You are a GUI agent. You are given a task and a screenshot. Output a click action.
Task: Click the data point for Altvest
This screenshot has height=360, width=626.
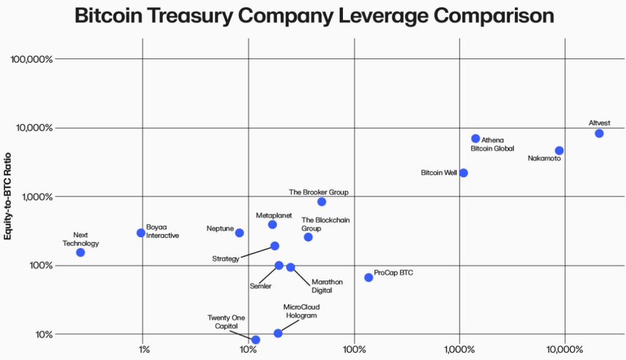pyautogui.click(x=599, y=133)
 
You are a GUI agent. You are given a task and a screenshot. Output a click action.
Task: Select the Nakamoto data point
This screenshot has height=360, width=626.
pyautogui.click(x=559, y=150)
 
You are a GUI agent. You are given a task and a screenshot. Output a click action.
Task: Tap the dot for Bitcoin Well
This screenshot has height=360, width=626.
pyautogui.click(x=463, y=173)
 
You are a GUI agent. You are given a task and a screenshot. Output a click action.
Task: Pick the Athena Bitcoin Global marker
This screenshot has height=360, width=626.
pyautogui.click(x=476, y=139)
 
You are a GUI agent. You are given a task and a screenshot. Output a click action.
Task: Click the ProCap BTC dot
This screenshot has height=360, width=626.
pyautogui.click(x=369, y=277)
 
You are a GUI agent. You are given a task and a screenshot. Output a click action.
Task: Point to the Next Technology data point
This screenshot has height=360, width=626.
pyautogui.click(x=80, y=252)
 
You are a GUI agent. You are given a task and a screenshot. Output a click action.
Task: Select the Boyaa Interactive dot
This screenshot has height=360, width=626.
pyautogui.click(x=141, y=233)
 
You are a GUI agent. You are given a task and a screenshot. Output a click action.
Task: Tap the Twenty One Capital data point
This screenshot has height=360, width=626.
pyautogui.click(x=256, y=340)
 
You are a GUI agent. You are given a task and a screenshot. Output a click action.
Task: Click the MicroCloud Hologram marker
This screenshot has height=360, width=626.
pyautogui.click(x=278, y=333)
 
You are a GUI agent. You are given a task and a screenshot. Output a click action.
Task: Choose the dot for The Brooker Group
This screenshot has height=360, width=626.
pyautogui.click(x=322, y=202)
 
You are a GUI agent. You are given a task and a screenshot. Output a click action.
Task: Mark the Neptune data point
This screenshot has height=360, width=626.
pyautogui.click(x=240, y=233)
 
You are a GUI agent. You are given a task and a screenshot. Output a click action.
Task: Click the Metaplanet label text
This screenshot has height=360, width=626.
pyautogui.click(x=274, y=216)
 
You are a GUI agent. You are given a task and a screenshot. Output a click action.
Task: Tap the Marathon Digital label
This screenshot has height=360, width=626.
pyautogui.click(x=327, y=285)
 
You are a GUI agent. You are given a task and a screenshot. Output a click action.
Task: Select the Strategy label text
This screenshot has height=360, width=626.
pyautogui.click(x=226, y=259)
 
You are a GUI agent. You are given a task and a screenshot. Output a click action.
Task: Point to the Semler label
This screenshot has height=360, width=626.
pyautogui.click(x=260, y=285)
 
